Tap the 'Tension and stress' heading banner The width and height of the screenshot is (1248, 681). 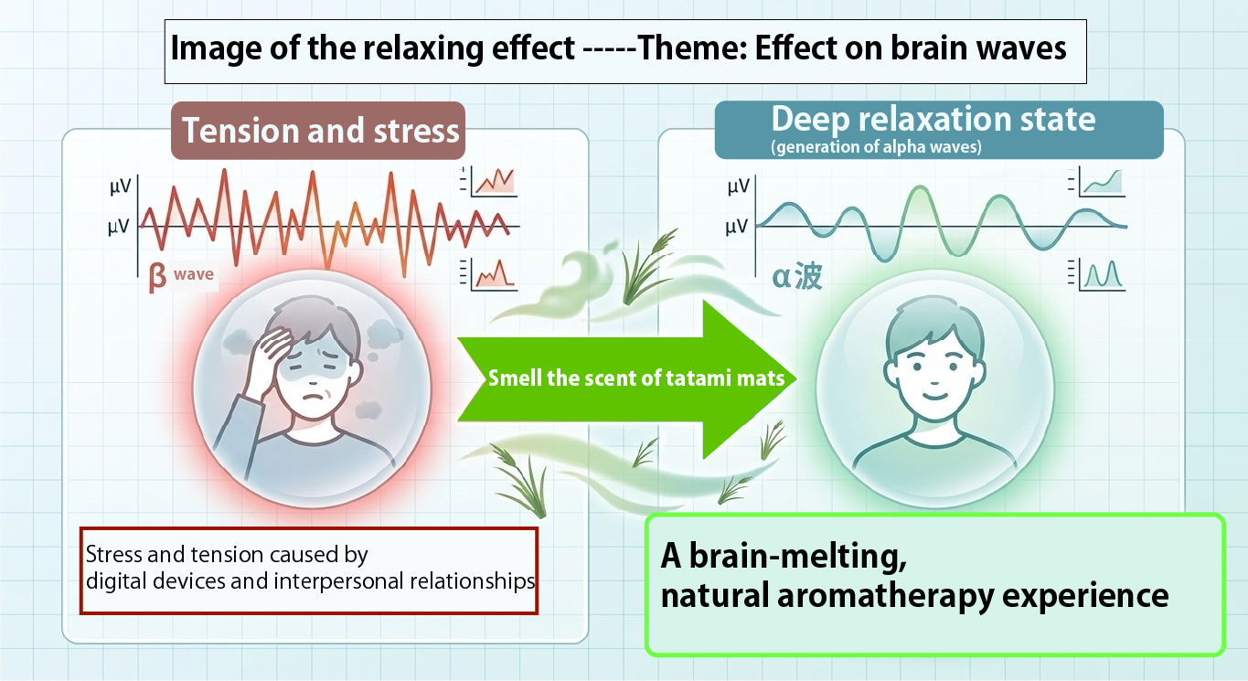(x=318, y=131)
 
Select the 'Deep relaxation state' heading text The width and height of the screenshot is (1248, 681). (x=933, y=120)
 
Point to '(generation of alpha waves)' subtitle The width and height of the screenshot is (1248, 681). (x=876, y=147)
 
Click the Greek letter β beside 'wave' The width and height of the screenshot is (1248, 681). (x=157, y=277)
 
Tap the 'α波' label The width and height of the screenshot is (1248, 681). (x=797, y=276)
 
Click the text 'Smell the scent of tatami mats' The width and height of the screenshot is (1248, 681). (x=635, y=378)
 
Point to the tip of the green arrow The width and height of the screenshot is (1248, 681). (x=795, y=378)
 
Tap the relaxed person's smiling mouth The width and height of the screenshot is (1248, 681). (x=935, y=396)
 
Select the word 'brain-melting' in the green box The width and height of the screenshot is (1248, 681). (x=798, y=557)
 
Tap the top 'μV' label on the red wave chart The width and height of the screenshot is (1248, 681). (x=121, y=186)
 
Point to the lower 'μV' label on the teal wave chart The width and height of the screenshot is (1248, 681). (x=737, y=228)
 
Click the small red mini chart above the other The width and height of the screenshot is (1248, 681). (x=488, y=181)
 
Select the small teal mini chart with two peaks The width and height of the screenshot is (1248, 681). (x=1096, y=274)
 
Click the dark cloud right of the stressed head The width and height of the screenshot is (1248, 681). (x=383, y=334)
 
